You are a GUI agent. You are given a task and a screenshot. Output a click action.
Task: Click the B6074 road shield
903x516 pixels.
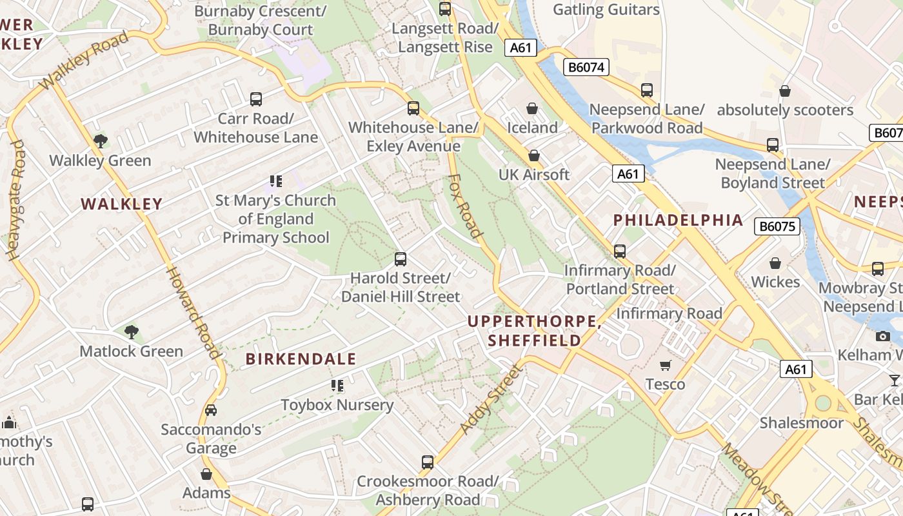pyautogui.click(x=586, y=67)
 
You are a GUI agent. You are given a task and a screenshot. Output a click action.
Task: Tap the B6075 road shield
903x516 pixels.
pyautogui.click(x=777, y=226)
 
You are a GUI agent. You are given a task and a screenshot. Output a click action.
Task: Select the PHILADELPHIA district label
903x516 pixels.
pyautogui.click(x=678, y=220)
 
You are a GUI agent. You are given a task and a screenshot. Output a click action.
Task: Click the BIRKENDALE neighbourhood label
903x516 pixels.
pyautogui.click(x=301, y=359)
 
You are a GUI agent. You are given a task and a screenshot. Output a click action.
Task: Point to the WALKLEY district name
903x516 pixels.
pyautogui.click(x=121, y=204)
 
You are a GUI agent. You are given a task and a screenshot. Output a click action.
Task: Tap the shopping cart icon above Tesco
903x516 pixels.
pyautogui.click(x=666, y=366)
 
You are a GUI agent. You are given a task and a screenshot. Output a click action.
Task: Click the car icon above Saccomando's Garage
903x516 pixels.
pyautogui.click(x=211, y=410)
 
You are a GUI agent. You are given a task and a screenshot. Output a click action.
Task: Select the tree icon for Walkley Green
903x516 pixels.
pyautogui.click(x=100, y=141)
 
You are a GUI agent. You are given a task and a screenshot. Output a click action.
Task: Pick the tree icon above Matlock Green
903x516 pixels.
pyautogui.click(x=132, y=332)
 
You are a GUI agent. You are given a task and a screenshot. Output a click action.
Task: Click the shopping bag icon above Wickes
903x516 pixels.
pyautogui.click(x=775, y=263)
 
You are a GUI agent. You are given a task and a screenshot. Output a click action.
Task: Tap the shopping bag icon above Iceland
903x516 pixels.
pyautogui.click(x=532, y=108)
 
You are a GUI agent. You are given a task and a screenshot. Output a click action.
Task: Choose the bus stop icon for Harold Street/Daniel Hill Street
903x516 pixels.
pyautogui.click(x=401, y=259)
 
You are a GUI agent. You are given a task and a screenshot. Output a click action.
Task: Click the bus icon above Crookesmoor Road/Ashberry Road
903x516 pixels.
pyautogui.click(x=428, y=462)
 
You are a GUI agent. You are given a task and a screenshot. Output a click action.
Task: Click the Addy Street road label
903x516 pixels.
pyautogui.click(x=491, y=400)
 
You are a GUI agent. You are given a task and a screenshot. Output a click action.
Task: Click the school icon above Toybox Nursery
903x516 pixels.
pyautogui.click(x=337, y=386)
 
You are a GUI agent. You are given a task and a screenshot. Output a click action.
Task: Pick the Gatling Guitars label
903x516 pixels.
pyautogui.click(x=606, y=10)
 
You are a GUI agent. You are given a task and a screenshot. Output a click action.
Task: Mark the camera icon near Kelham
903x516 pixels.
pyautogui.click(x=883, y=336)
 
